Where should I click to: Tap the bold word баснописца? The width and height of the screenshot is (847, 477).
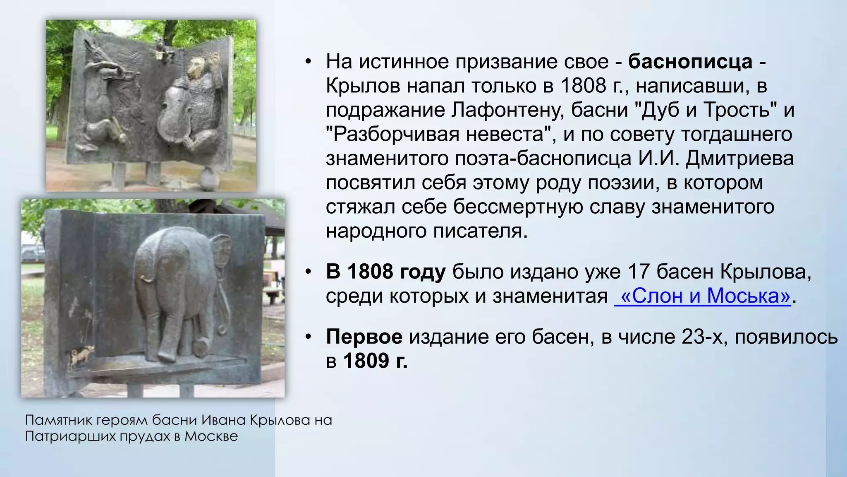click(690, 62)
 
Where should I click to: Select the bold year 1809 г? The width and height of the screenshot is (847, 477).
click(376, 361)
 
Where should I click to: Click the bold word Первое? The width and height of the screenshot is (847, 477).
click(364, 337)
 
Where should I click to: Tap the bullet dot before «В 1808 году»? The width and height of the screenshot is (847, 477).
click(308, 272)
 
